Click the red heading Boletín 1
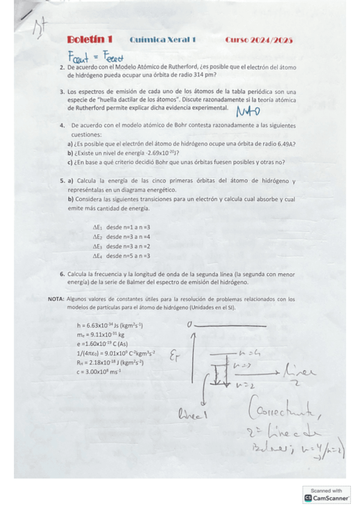[90, 40]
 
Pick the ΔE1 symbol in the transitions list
[97, 227]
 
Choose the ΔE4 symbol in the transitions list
[97, 256]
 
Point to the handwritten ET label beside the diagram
[175, 358]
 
